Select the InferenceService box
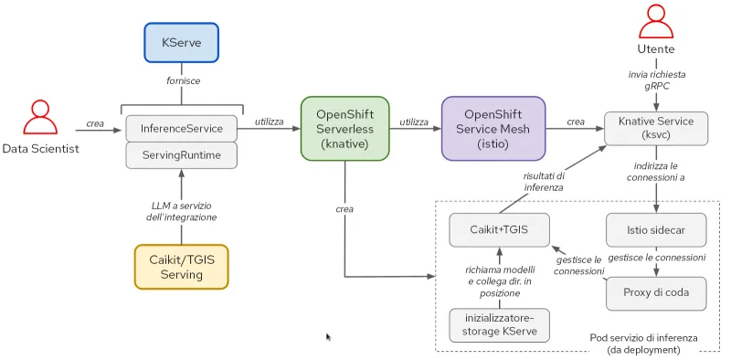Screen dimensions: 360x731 pyautogui.click(x=181, y=128)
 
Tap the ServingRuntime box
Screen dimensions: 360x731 pyautogui.click(x=181, y=155)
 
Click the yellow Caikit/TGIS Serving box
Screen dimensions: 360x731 pyautogui.click(x=181, y=266)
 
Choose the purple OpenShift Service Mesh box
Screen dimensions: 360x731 pyautogui.click(x=493, y=129)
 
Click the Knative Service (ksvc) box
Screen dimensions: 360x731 pyautogui.click(x=656, y=129)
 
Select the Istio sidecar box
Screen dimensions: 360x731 pyautogui.click(x=656, y=229)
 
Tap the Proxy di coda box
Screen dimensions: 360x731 pyautogui.click(x=656, y=292)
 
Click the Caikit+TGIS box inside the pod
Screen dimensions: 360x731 pyautogui.click(x=499, y=229)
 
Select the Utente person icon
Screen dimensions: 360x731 pyautogui.click(x=655, y=23)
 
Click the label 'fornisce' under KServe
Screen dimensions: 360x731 pyautogui.click(x=182, y=80)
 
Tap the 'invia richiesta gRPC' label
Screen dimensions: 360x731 pyautogui.click(x=655, y=79)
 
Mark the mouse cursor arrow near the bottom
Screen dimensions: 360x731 pyautogui.click(x=329, y=337)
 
